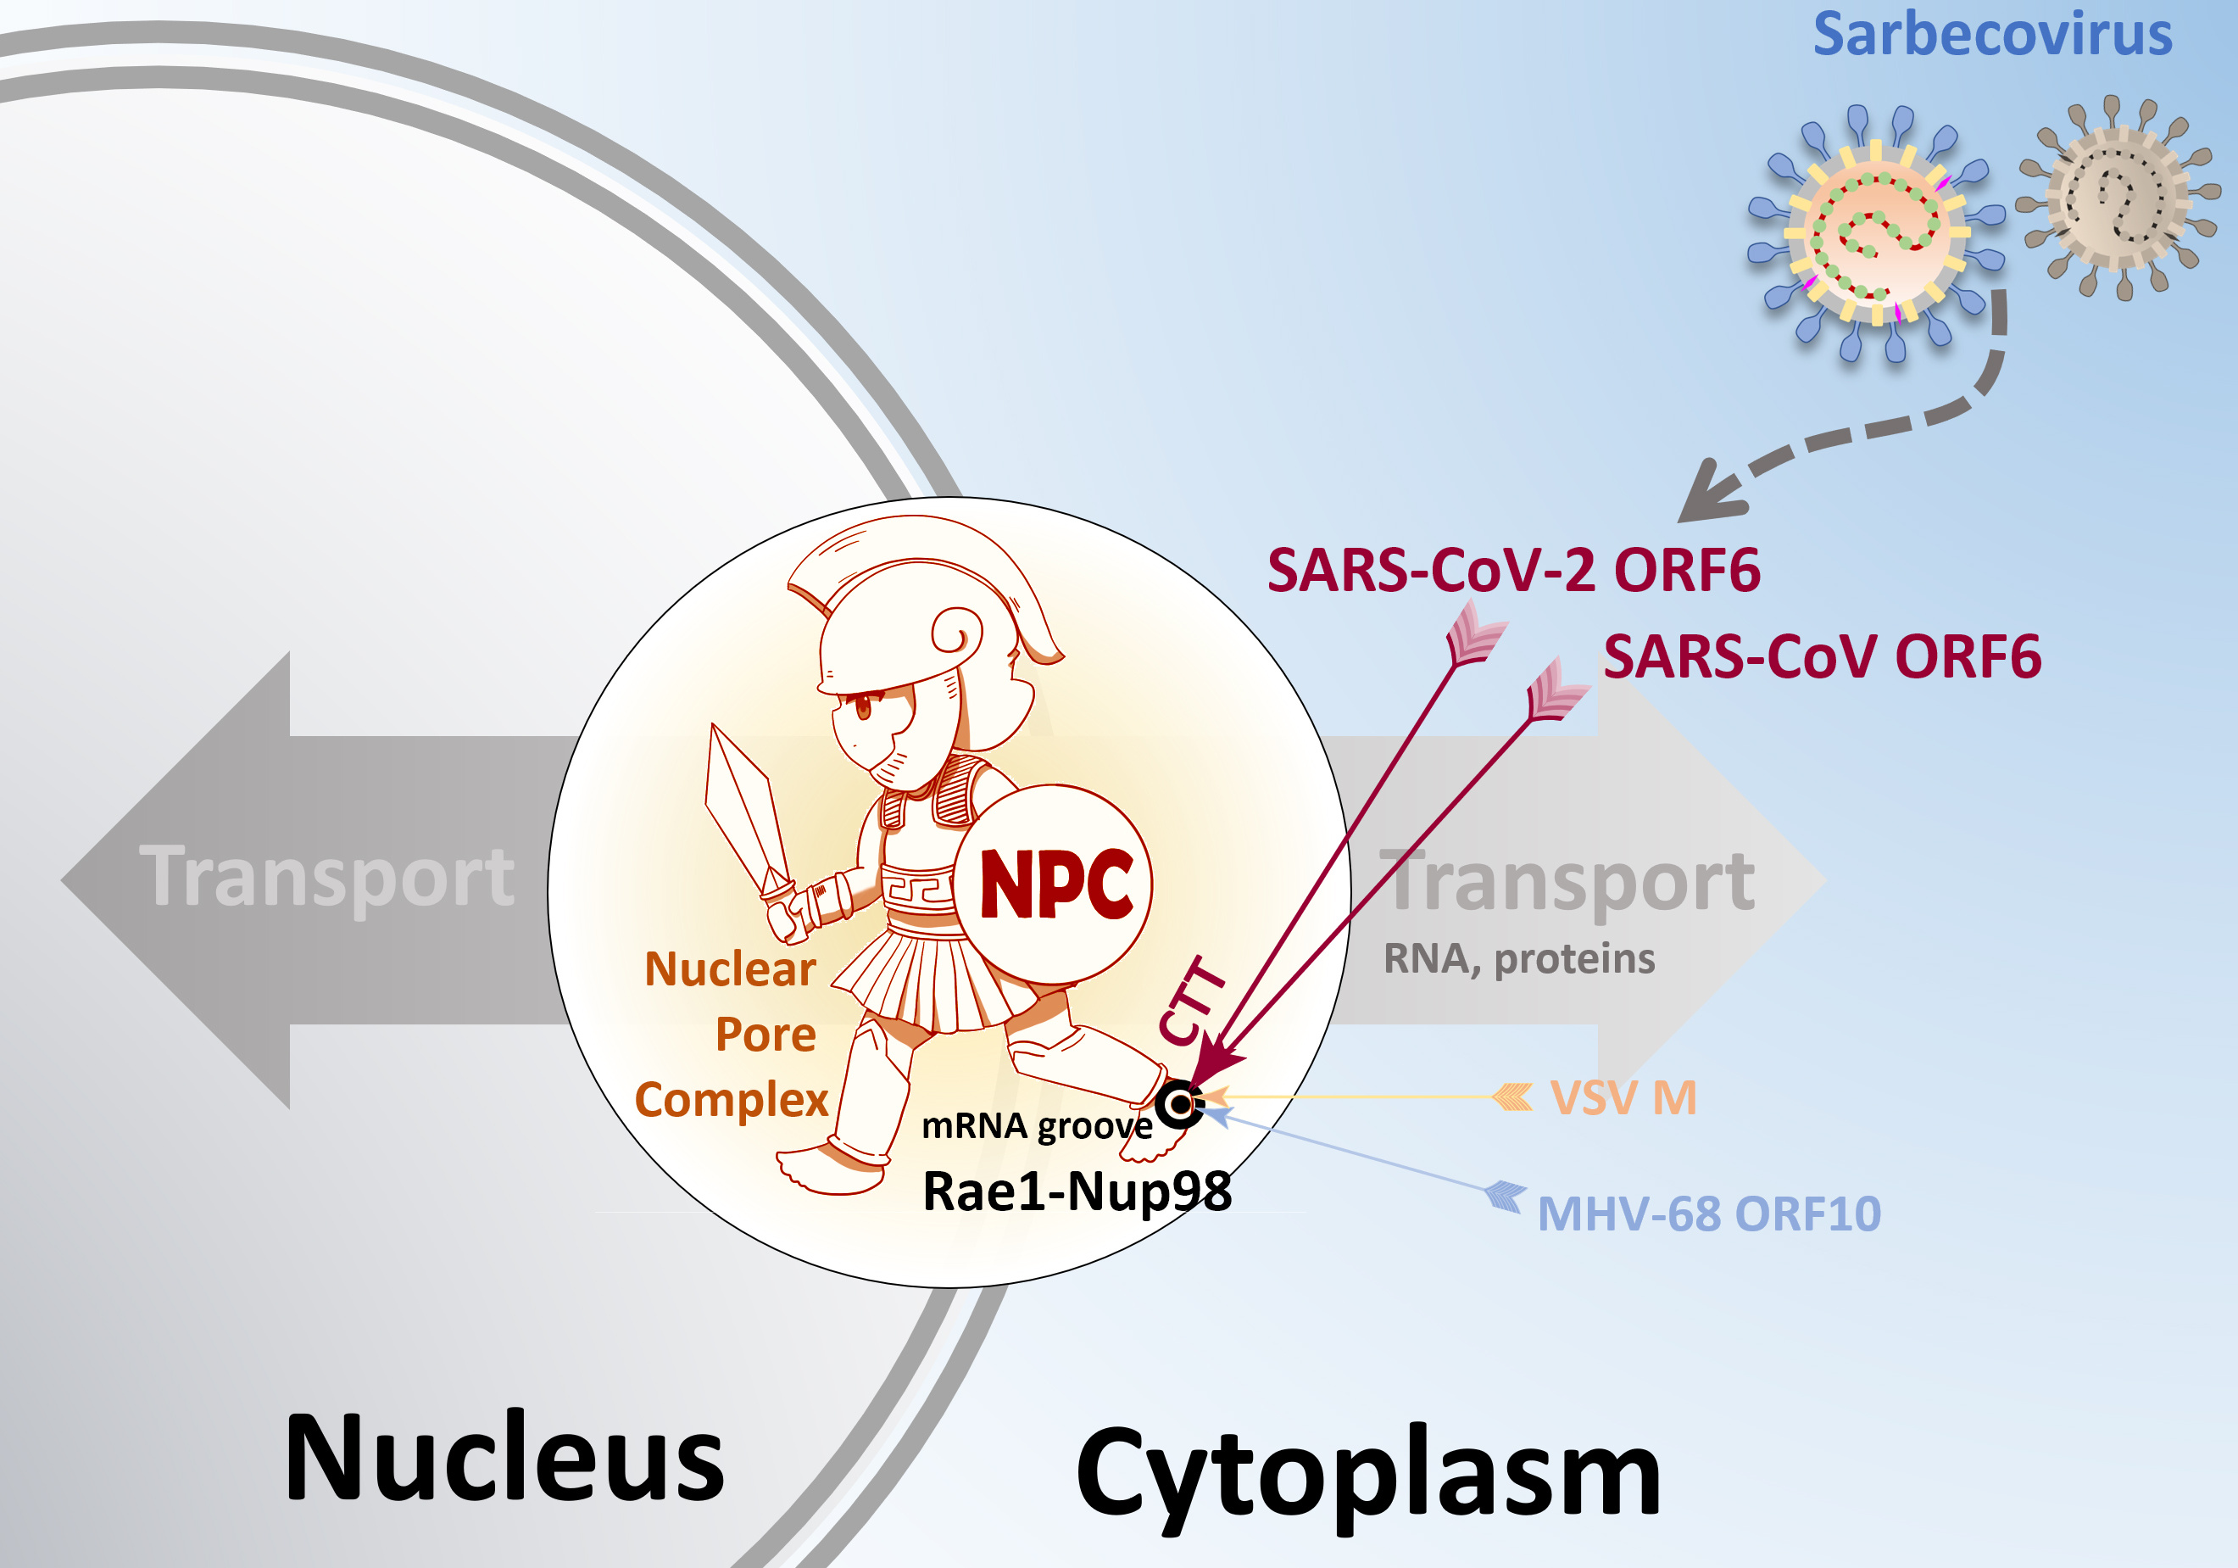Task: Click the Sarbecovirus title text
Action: tap(1992, 34)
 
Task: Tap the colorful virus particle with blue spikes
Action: tap(1876, 233)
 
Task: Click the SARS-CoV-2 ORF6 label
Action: tap(1514, 571)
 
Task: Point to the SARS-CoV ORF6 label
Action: tap(1823, 656)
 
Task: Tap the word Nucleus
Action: tap(504, 1459)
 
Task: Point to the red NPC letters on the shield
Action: tap(1056, 884)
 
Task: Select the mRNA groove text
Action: tap(1037, 1126)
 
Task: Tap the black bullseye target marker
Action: tap(1180, 1105)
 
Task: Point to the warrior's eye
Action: tap(864, 706)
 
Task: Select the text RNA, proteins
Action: tap(1518, 959)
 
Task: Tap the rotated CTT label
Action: tap(1191, 1001)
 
